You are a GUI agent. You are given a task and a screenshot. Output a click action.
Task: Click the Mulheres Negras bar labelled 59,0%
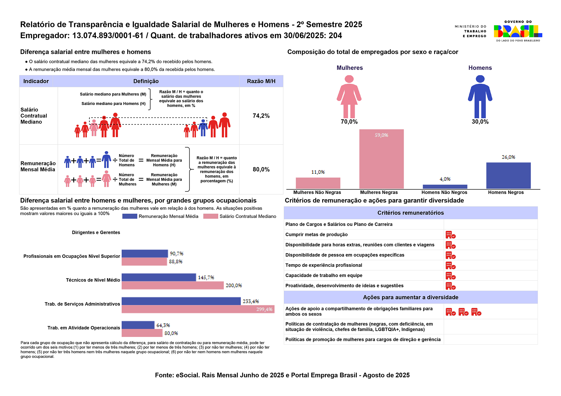(x=381, y=159)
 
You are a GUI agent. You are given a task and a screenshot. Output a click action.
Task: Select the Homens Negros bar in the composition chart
(x=508, y=176)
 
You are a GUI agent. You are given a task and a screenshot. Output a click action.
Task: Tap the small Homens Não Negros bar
(x=445, y=187)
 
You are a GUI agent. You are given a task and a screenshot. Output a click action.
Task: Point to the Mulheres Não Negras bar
(x=318, y=183)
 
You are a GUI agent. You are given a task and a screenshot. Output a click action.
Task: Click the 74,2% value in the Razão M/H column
(x=261, y=116)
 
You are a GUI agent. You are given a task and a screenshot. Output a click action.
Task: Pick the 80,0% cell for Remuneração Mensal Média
(x=261, y=169)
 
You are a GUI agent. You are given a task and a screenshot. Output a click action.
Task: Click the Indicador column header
(x=36, y=81)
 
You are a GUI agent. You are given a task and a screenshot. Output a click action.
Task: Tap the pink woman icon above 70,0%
(x=349, y=97)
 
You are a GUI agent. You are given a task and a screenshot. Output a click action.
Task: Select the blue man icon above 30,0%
(x=480, y=97)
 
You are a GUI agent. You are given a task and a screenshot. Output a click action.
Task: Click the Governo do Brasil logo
(x=518, y=31)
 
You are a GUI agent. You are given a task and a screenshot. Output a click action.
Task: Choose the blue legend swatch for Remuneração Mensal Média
(x=130, y=216)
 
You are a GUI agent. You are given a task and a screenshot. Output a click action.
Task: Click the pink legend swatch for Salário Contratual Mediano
(x=211, y=216)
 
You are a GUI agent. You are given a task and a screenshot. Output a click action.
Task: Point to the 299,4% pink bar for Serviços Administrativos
(x=198, y=309)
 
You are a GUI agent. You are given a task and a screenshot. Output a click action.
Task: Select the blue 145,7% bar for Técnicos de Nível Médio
(x=159, y=277)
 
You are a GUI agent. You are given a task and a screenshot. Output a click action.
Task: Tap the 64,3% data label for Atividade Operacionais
(x=163, y=325)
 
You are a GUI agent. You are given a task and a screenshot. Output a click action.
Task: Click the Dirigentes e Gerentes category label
(x=96, y=232)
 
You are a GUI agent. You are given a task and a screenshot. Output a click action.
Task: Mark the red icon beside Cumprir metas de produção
(x=451, y=235)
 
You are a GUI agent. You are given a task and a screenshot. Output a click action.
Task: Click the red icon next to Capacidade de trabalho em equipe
(x=451, y=276)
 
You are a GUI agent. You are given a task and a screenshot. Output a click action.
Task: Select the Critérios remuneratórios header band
(x=411, y=213)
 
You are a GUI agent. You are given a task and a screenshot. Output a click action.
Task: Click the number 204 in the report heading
(x=335, y=36)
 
